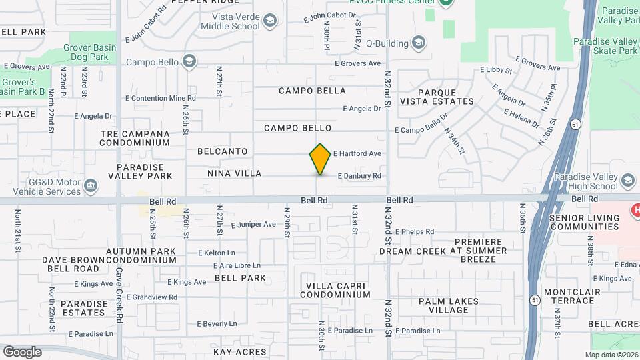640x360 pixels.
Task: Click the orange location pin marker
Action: point(320,159)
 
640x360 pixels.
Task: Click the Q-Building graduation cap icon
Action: point(419,44)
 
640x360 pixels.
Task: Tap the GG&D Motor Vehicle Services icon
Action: point(91,185)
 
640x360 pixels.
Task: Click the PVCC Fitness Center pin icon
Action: point(446,2)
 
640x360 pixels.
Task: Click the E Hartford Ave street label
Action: point(357,154)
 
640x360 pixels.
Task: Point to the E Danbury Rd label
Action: point(359,176)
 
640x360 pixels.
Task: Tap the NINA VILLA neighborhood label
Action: point(234,174)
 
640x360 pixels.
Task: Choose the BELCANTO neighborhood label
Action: point(222,152)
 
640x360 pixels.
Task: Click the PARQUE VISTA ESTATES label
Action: point(437,97)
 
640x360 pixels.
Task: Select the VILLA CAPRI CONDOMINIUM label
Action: point(337,290)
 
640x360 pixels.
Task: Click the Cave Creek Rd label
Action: point(119,285)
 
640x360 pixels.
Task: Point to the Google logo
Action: point(22,352)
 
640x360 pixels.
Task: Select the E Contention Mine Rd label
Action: point(160,98)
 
